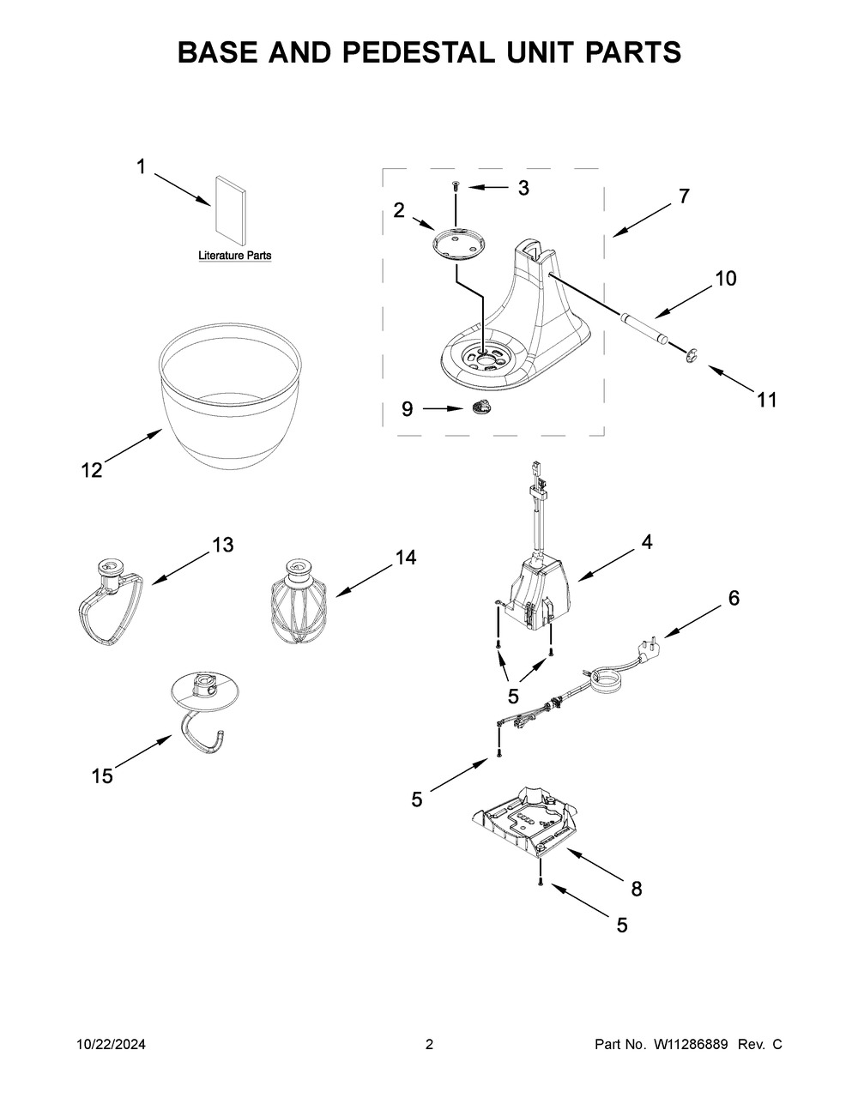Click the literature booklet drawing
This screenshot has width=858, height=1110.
[x=230, y=211]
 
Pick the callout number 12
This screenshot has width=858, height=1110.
[x=92, y=470]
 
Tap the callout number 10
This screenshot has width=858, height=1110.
[x=725, y=279]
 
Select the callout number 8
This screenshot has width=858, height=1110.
[x=636, y=890]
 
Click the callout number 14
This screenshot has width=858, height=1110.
[x=405, y=558]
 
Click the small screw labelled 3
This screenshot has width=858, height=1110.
[x=455, y=186]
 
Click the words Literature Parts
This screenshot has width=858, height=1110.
[x=235, y=256]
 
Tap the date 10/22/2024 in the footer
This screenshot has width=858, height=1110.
[x=111, y=1045]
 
